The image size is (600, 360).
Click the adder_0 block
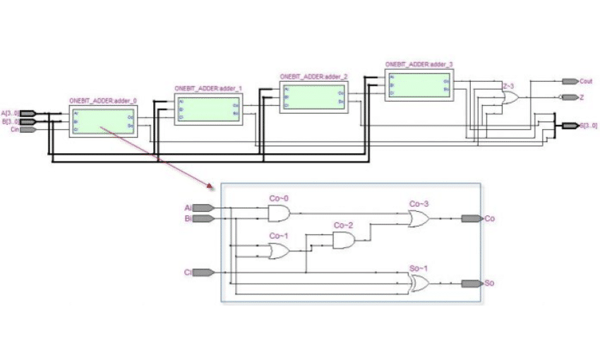click(x=102, y=121)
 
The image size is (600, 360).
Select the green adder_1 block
click(x=208, y=109)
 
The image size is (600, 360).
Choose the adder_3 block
click(x=418, y=85)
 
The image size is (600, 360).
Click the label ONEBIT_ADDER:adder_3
click(x=419, y=64)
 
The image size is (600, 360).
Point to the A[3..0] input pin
click(x=28, y=113)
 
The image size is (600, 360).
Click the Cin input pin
click(x=28, y=130)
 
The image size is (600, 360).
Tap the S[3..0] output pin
click(x=569, y=126)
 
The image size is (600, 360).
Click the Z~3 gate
click(x=509, y=99)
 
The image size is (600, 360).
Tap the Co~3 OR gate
click(x=419, y=218)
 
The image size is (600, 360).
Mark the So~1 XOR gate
click(x=419, y=284)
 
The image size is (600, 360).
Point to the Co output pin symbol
click(x=471, y=219)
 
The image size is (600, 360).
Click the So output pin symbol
click(x=471, y=284)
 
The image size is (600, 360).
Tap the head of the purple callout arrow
click(x=210, y=187)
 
